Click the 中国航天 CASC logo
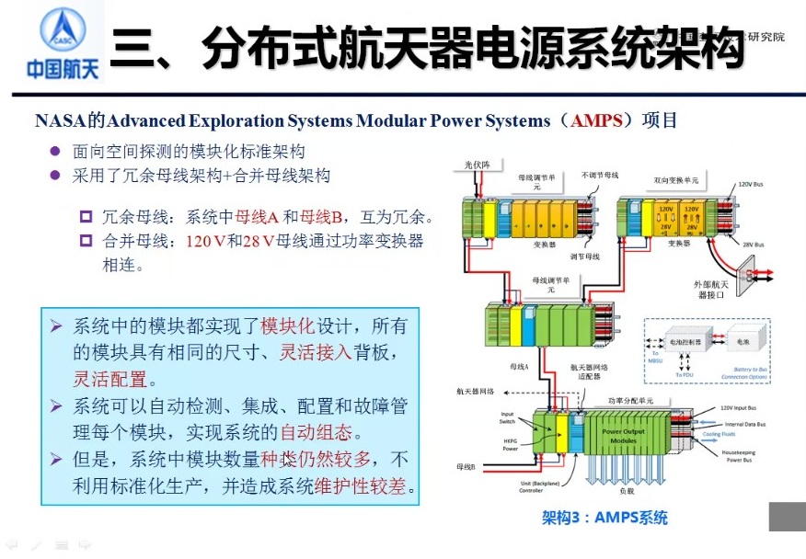coord(52,44)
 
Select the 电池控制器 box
coord(685,341)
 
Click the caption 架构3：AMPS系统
coord(604,518)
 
